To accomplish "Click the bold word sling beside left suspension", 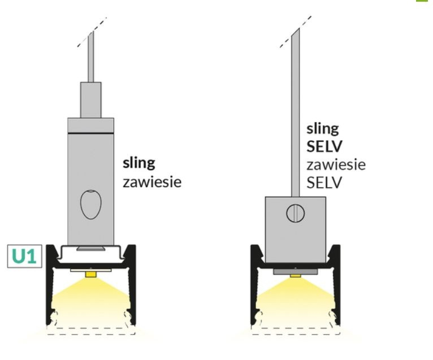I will pos(140,164).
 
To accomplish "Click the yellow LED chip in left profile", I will pos(90,274).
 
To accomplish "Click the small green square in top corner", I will pos(428,3).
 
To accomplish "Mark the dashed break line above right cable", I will pos(297,31).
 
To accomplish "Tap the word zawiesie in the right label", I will pos(335,164).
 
